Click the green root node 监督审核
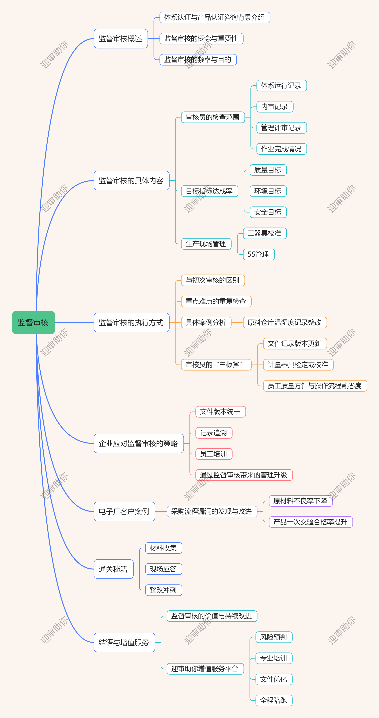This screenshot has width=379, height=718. pos(33,322)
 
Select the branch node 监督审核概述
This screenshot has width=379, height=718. pos(121,39)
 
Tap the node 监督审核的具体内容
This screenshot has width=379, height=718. pos(131,181)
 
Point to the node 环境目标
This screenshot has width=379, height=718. pos(268,191)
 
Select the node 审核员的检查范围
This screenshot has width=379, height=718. pos(213,117)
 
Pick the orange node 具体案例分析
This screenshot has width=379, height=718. pos(206,322)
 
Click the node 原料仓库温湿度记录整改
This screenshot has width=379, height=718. pos(285,322)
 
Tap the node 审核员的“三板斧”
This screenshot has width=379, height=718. pos(216,365)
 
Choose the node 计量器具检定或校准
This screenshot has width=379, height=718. pos(298,365)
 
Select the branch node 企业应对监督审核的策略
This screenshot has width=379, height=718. pos(139,443)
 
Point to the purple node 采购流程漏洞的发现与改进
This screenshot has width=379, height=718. pos(212,511)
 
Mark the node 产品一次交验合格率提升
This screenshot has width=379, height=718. pos(311,522)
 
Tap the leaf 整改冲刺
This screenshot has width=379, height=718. pos(163,590)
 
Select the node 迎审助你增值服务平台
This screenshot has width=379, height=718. pos(205,669)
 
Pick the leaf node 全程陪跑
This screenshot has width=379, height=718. pos(273,700)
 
